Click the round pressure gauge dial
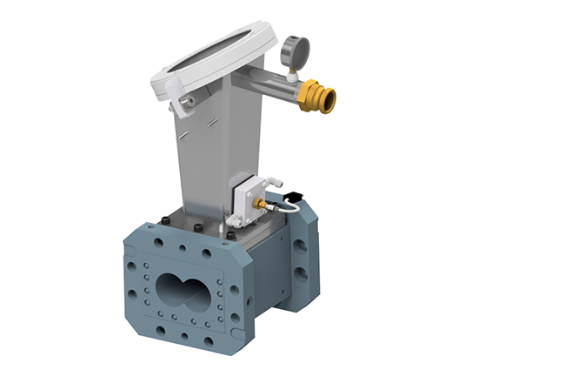(x=291, y=46)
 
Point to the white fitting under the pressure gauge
(x=289, y=74)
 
